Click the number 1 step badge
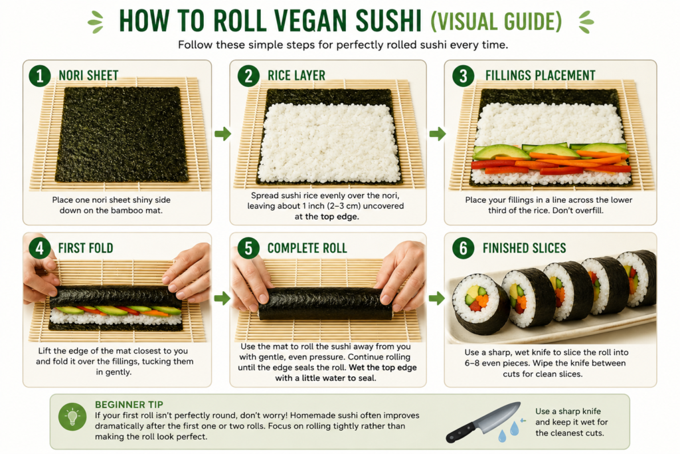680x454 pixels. [x=40, y=76]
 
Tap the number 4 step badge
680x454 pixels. [x=40, y=248]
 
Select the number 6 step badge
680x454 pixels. [x=463, y=248]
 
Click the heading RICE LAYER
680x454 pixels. [x=296, y=76]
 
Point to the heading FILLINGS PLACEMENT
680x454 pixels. [x=540, y=76]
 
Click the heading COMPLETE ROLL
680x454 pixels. [x=307, y=248]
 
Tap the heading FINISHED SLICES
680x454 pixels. [x=525, y=248]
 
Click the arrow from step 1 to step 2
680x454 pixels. [x=223, y=134]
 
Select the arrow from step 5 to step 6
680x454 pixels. [x=437, y=298]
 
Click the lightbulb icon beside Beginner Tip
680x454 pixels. [x=72, y=417]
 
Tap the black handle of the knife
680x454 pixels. [x=462, y=433]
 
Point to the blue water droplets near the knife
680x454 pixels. [x=509, y=431]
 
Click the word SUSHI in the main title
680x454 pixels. [x=388, y=21]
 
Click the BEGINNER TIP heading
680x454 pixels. [x=129, y=405]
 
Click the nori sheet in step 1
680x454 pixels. [x=122, y=134]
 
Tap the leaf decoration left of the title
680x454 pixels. [x=96, y=22]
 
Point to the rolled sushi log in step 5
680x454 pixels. [x=325, y=303]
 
